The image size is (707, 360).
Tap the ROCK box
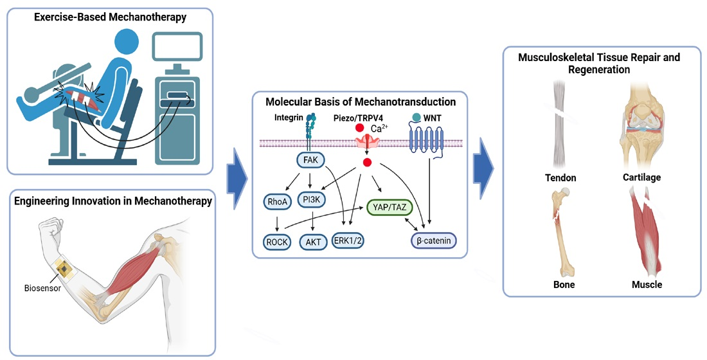[x=278, y=242]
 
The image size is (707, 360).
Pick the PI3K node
[x=312, y=200]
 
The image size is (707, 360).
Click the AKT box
[x=312, y=242]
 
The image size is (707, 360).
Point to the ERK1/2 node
[x=348, y=241]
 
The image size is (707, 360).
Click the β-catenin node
[x=433, y=241]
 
